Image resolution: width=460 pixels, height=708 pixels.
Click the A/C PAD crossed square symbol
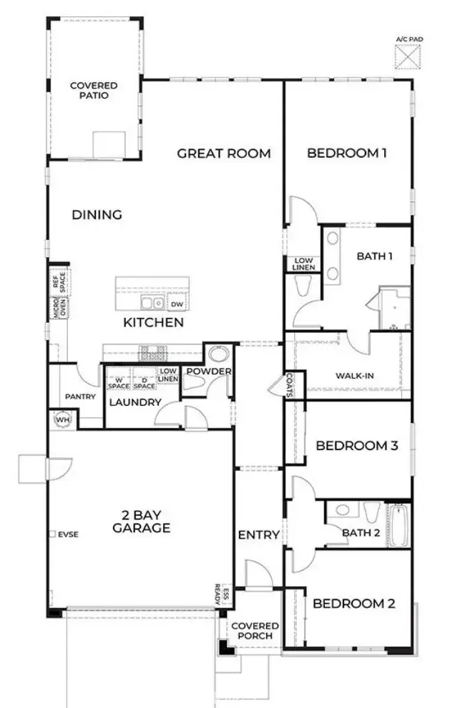[408, 56]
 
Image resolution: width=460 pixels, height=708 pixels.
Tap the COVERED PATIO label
[94, 90]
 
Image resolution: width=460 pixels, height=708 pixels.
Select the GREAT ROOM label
[224, 153]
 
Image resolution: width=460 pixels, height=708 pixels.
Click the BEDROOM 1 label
[347, 153]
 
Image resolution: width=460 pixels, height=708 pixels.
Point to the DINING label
[97, 214]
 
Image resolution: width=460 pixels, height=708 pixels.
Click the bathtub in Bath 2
[398, 527]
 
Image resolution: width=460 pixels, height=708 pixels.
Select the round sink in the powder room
[217, 355]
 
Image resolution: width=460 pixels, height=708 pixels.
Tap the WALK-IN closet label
[354, 376]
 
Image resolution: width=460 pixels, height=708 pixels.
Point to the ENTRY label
[258, 534]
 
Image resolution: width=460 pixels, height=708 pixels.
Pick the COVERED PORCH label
[254, 631]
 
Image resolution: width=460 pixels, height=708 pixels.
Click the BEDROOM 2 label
[353, 603]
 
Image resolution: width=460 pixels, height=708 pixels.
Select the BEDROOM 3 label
[356, 446]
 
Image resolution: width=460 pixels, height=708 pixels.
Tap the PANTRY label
[80, 397]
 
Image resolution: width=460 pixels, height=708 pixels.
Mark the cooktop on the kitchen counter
[152, 352]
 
